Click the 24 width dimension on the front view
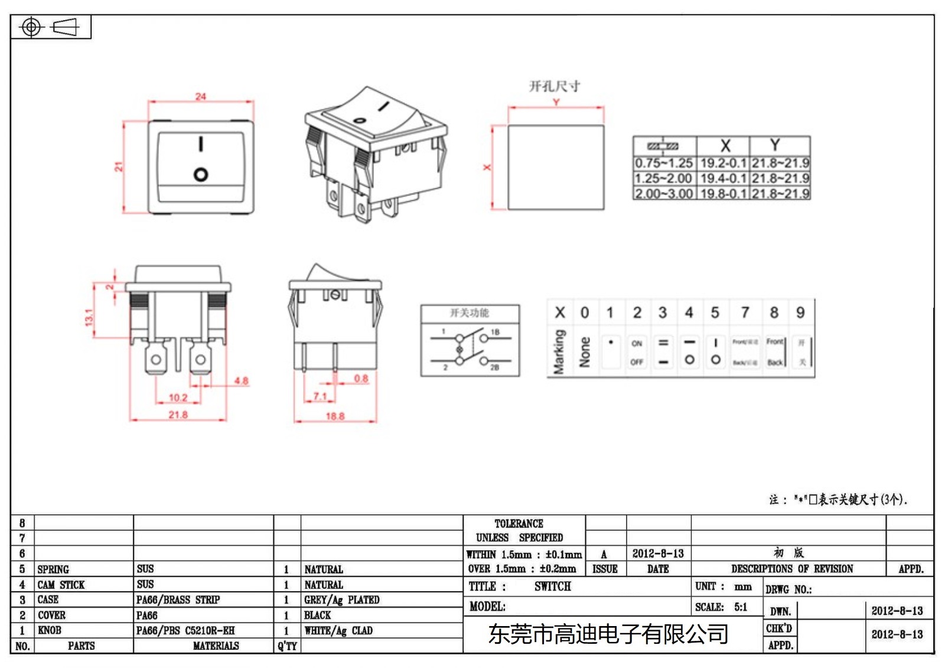pos(201,96)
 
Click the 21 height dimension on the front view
pos(119,167)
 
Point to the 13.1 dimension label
pos(89,317)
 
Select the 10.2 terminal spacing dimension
pos(178,397)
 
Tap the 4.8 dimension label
pos(241,381)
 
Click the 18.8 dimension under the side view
pos(335,416)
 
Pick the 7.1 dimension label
pos(320,396)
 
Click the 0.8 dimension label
pos(361,379)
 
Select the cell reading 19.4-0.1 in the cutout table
pos(724,178)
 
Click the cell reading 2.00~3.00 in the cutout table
pos(664,194)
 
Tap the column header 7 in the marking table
pos(745,312)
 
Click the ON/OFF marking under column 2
pos(637,353)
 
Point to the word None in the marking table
pos(585,352)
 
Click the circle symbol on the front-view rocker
pos(201,175)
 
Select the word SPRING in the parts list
pos(53,569)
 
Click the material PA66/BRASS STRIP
pos(178,600)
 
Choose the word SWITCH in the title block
pos(553,586)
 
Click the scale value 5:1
pos(741,607)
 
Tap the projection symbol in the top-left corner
pos(50,27)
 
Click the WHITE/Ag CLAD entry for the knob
pos(338,631)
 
